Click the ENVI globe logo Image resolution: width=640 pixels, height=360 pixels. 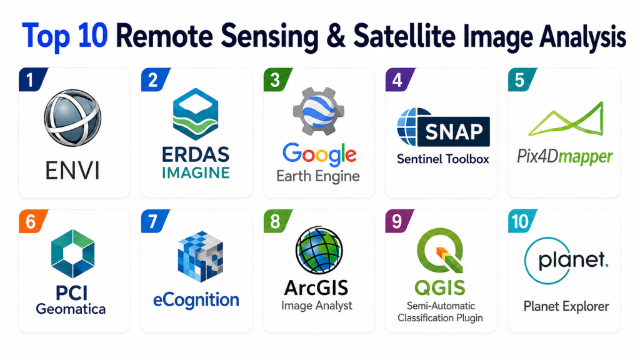(72, 118)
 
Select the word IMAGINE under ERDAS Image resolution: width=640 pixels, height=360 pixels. (196, 172)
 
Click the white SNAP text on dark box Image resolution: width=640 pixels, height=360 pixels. (454, 131)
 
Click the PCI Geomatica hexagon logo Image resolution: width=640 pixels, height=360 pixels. (72, 254)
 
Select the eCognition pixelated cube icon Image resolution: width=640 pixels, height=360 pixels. (201, 256)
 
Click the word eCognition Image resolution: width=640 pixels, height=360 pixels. (196, 301)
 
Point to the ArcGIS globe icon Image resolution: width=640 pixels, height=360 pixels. (319, 250)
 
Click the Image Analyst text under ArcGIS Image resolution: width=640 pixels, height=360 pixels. (317, 306)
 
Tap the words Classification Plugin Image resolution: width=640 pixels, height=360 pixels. (440, 318)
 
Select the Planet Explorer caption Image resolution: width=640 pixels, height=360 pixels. (566, 306)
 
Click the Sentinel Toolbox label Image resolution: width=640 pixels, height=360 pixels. (443, 159)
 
